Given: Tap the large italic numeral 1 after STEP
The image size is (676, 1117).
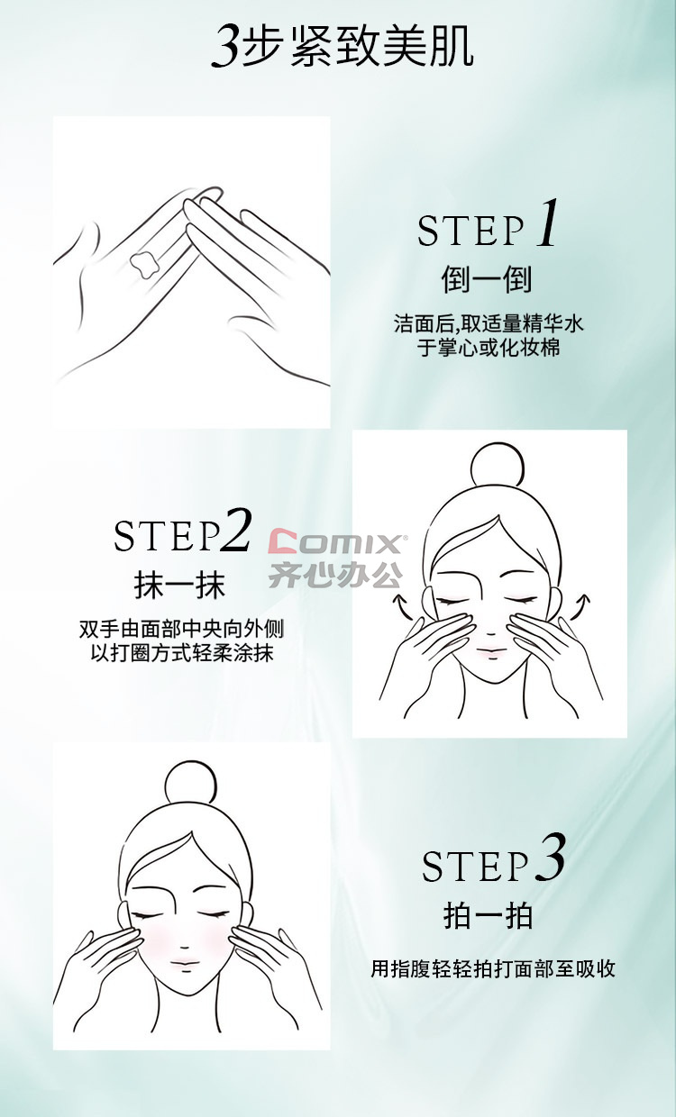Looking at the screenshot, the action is point(547,222).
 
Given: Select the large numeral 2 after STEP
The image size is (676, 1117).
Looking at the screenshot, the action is point(235,530).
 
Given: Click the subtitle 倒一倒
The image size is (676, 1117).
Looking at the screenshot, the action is point(487,280).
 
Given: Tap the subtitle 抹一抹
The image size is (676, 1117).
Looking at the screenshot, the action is point(179,585).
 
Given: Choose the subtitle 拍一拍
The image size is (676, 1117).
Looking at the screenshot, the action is point(488,915).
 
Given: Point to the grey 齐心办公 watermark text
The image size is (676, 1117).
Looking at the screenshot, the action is point(335,575).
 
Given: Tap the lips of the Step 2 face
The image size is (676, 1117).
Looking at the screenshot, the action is point(491,651).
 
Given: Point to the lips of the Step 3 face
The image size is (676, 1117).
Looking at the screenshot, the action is point(185,962).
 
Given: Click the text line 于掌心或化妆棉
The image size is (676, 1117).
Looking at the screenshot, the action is point(489,348).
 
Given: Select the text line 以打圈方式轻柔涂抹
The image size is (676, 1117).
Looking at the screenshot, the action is point(182,653).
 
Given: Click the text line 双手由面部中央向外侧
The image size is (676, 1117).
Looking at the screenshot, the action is point(181,629).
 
